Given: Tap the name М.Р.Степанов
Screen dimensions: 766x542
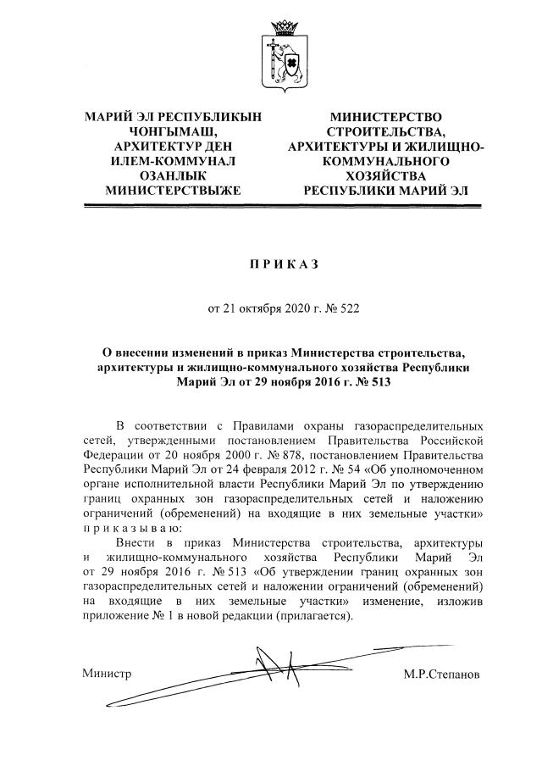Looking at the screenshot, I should pos(442,674).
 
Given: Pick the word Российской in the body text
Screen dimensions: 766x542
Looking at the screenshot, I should pos(451,441).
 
